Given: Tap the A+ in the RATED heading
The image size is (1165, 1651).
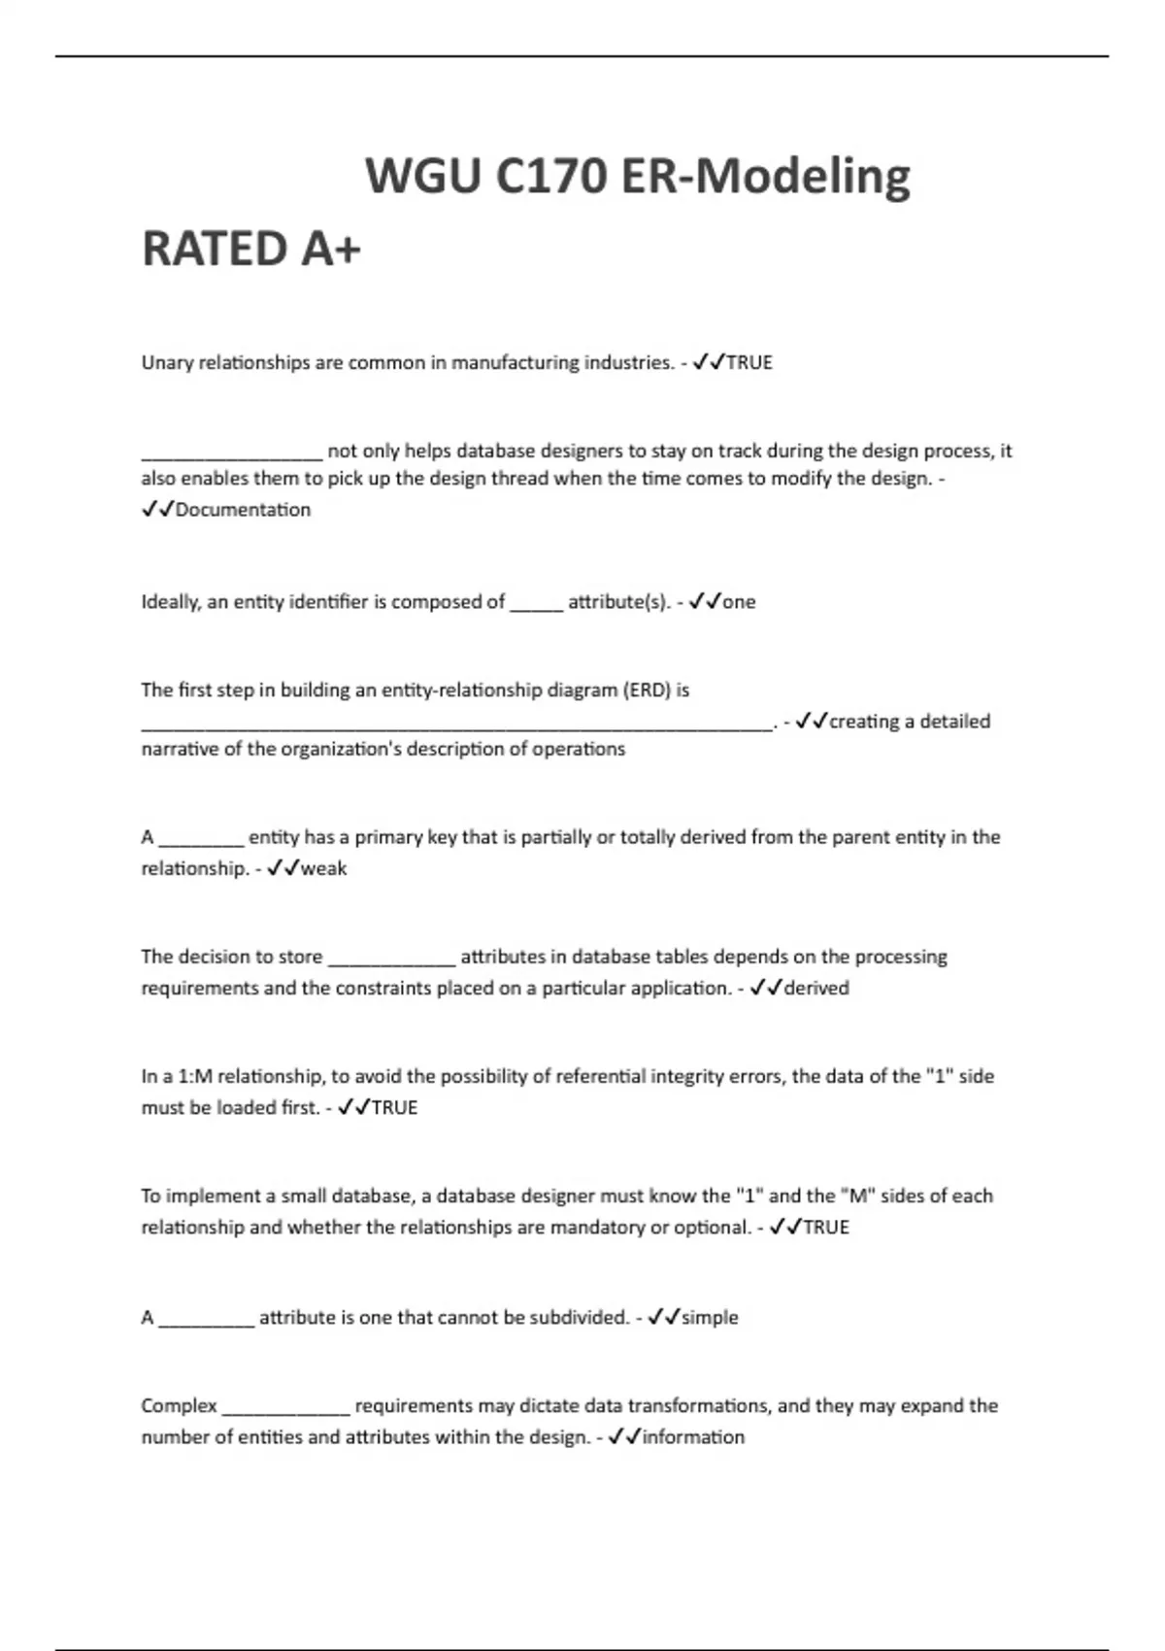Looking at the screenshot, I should click(331, 249).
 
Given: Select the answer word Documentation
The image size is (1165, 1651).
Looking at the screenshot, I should click(243, 510).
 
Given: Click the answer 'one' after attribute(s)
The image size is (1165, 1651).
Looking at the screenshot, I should click(739, 602).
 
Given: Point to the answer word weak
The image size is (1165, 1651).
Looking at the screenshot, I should click(323, 868).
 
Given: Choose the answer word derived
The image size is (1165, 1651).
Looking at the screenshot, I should click(816, 988).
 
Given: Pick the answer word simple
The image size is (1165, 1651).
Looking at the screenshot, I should click(710, 1318).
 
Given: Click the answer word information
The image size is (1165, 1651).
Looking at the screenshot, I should click(693, 1437).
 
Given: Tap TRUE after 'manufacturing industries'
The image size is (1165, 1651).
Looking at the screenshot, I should click(749, 363).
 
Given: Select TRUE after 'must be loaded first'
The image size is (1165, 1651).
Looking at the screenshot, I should click(394, 1108).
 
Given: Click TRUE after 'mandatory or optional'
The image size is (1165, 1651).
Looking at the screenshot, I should click(826, 1228).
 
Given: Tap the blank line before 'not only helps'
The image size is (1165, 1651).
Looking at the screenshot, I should click(231, 453).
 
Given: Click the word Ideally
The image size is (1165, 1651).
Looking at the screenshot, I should click(171, 602).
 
